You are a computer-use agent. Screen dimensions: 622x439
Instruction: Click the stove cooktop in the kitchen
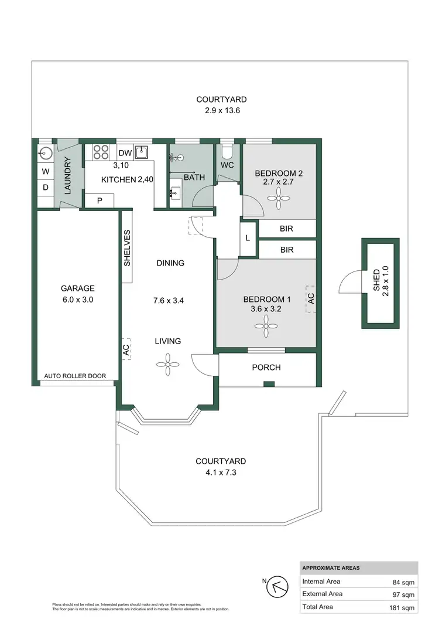[x=101, y=152]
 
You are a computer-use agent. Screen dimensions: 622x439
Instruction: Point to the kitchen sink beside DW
[x=142, y=152]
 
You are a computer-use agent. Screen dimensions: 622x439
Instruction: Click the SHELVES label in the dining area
[x=127, y=248]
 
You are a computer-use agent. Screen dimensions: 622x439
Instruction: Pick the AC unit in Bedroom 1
[x=311, y=298]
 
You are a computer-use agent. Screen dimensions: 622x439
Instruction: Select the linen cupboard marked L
[x=248, y=238]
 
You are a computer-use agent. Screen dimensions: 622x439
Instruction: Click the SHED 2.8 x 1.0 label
[x=380, y=281]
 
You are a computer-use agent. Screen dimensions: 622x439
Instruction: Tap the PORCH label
[x=266, y=368]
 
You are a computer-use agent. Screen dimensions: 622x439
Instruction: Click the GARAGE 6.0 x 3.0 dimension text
[x=77, y=299]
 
